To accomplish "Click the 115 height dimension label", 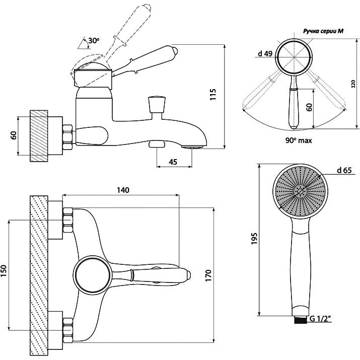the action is point(213,94).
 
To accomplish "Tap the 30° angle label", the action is point(94,41).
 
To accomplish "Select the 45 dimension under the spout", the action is point(173,162).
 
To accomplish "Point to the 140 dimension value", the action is point(123,190).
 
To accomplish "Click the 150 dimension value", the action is point(4,271).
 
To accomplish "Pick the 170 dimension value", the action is point(208,275).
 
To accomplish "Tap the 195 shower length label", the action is point(254,239).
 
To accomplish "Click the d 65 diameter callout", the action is point(344,170).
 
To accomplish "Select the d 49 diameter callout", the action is point(265,53).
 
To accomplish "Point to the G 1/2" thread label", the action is point(321,319).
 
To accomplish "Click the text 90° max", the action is point(299,140).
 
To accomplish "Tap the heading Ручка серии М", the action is point(323,31).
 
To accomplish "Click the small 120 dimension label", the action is point(353,84).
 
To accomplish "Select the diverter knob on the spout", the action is point(157,105).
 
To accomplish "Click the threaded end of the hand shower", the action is point(301,320).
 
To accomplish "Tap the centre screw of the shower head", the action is point(300,191).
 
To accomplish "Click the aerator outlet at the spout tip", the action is point(192,147).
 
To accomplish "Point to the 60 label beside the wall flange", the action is point(14,135).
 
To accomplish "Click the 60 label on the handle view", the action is point(310,107).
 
